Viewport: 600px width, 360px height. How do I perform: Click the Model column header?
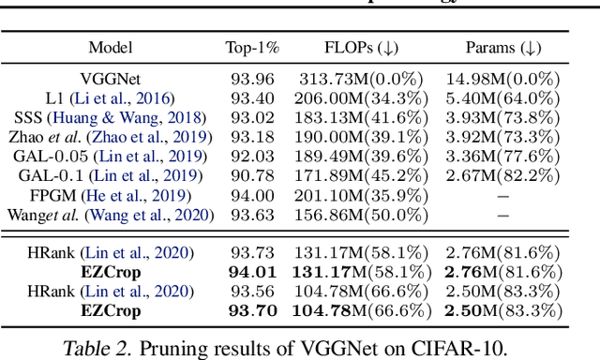pos(110,48)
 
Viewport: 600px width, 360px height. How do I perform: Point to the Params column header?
pos(502,48)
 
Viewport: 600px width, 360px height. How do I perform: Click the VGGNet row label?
pos(111,80)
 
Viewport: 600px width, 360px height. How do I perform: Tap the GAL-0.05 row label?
pos(111,157)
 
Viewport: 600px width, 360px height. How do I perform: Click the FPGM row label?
pos(111,196)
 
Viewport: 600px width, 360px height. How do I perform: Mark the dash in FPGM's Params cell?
pos(502,196)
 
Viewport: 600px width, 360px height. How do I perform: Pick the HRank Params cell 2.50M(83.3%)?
pos(502,292)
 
